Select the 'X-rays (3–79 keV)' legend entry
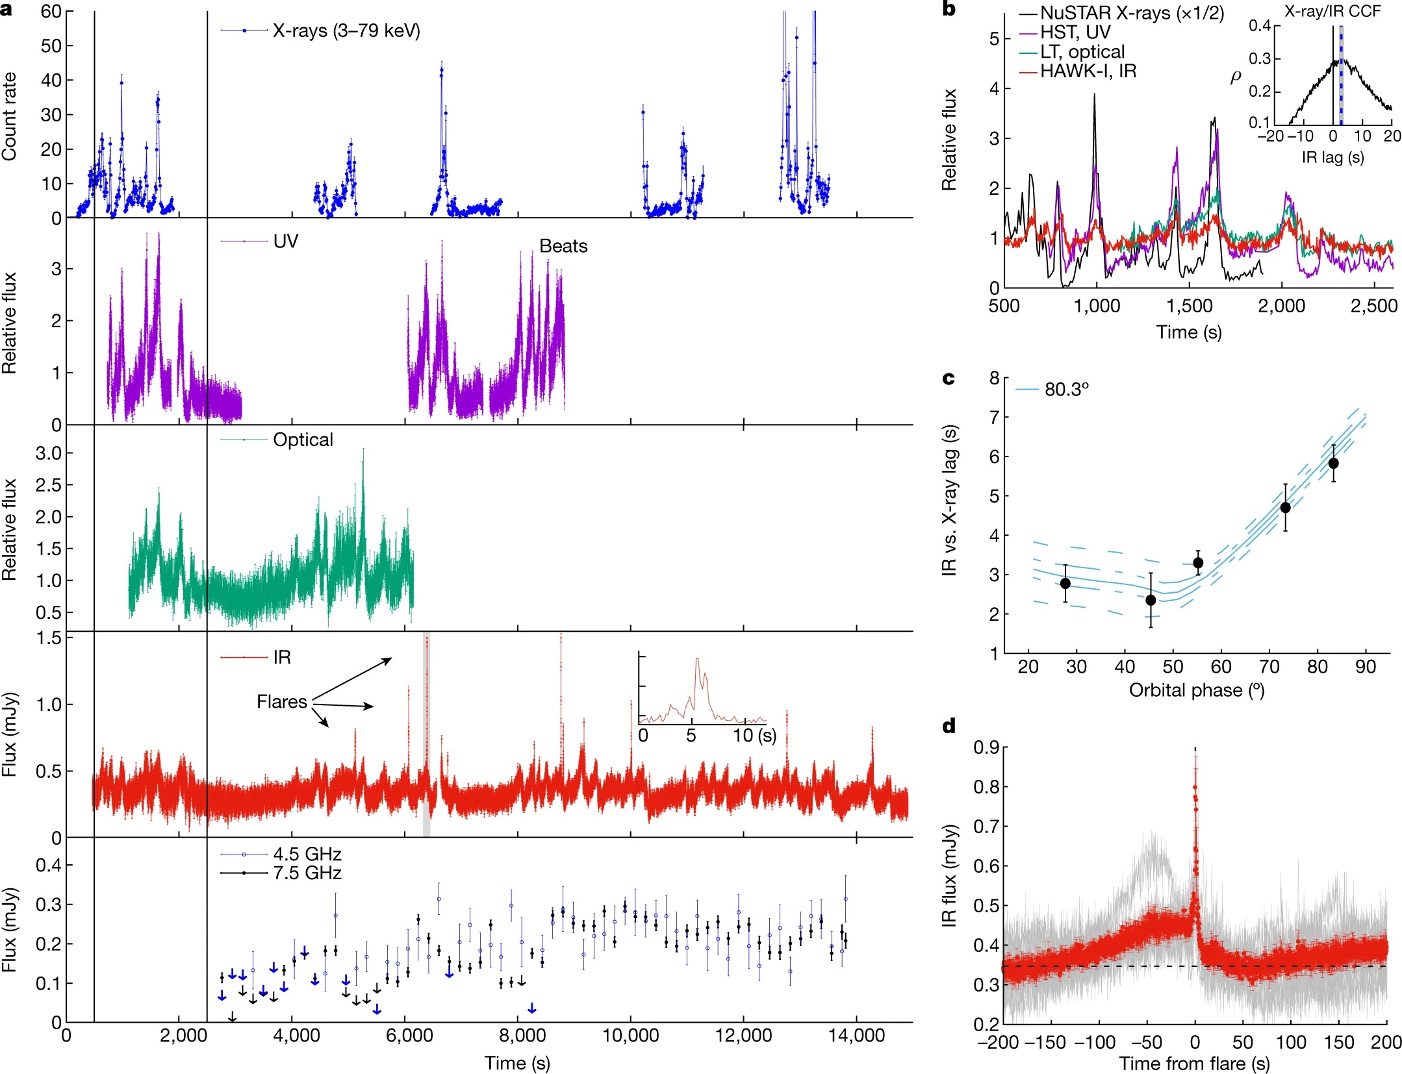pos(346,31)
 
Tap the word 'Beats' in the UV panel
pos(563,246)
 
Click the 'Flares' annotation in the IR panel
pos(281,702)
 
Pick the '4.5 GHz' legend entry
pos(307,854)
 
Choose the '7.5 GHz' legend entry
pos(307,873)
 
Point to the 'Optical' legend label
pos(303,440)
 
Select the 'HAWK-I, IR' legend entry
pos(1088,71)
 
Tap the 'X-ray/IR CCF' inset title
pos(1332,11)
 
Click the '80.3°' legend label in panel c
pos(1066,389)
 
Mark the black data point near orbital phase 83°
pos(1333,463)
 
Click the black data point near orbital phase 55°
pos(1198,562)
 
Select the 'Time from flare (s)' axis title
pos(1194,1064)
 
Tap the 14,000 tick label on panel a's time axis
pos(856,1036)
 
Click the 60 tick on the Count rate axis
pos(51,12)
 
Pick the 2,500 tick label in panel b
pos(1373,306)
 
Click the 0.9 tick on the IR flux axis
pos(986,747)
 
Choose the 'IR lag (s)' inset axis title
pos(1332,157)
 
